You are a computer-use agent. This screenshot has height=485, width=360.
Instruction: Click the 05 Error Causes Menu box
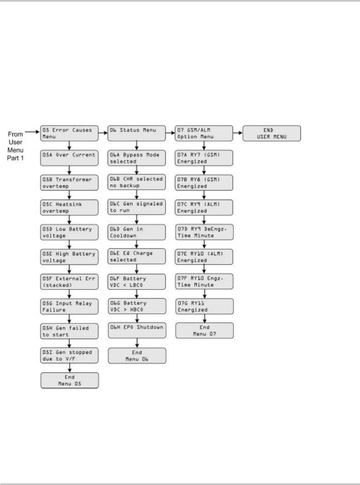70,133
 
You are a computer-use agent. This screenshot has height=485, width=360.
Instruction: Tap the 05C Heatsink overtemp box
70,207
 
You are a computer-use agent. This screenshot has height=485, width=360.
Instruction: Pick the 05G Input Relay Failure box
70,306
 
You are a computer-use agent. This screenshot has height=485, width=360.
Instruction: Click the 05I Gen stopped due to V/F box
70,356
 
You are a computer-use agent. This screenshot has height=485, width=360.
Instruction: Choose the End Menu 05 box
70,380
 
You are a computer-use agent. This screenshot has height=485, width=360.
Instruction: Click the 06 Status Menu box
137,133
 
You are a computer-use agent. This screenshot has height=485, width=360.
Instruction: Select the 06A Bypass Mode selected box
137,158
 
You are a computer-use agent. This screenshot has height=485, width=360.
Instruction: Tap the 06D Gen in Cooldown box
137,232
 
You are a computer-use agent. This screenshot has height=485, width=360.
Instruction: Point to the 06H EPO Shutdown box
137,331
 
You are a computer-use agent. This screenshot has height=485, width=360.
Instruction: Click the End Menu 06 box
137,356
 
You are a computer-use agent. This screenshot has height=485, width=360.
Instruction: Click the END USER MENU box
272,133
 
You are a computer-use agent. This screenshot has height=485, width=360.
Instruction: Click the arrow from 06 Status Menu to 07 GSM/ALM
171,133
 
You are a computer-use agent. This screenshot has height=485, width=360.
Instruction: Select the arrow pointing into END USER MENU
238,133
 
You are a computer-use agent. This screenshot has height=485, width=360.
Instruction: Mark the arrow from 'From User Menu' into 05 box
32,133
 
